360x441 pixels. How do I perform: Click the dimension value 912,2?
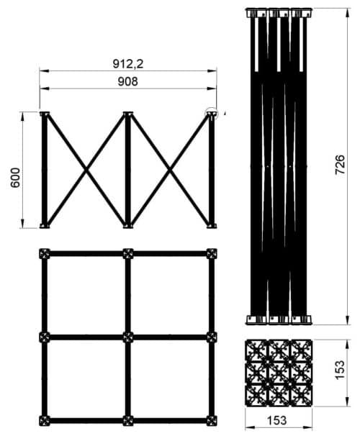coord(128,63)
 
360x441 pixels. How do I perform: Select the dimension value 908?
coord(128,81)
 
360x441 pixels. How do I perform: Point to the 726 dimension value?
coord(341,165)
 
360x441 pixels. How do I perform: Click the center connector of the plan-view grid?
coord(128,337)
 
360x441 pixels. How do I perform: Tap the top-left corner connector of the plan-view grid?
coord(45,253)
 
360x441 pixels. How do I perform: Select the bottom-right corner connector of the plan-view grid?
coord(211,420)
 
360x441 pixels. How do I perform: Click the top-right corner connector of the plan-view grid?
coord(211,253)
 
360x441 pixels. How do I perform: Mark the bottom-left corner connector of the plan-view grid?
coord(45,420)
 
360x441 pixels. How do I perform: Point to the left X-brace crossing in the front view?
coord(86,170)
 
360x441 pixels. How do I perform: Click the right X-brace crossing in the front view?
coord(170,170)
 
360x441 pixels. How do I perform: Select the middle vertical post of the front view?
coord(128,170)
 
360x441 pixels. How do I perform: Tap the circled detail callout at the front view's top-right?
coord(211,113)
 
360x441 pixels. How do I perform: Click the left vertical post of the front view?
coord(45,170)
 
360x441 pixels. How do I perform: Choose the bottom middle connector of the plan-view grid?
coord(128,420)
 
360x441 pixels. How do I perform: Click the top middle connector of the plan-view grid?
coord(128,253)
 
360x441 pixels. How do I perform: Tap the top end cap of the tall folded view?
coord(277,13)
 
